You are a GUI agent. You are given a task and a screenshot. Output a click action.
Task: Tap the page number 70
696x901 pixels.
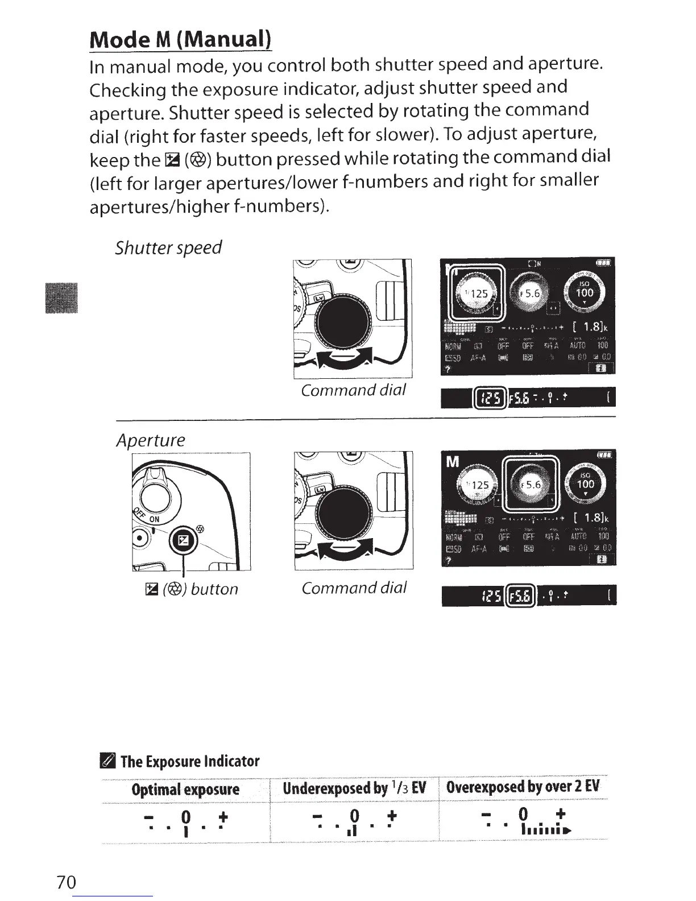click(66, 882)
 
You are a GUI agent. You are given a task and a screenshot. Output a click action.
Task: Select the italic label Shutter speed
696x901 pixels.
click(168, 248)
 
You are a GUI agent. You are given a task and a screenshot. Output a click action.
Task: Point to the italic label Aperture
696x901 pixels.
click(151, 440)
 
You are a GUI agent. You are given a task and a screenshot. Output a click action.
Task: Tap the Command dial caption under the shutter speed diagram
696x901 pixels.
click(353, 390)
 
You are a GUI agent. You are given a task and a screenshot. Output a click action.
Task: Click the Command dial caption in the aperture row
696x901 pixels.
click(354, 588)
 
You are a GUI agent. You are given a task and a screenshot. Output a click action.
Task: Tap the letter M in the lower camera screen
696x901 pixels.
click(453, 462)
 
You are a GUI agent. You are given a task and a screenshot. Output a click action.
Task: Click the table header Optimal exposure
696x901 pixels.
click(185, 790)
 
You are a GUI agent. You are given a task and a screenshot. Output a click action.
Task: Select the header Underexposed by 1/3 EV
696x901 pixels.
click(354, 788)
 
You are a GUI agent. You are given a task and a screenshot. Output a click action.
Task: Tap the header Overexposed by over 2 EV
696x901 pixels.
click(523, 787)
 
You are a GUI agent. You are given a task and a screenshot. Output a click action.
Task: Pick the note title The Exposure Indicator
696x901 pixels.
click(190, 761)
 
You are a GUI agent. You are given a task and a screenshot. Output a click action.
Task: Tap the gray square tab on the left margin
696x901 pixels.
click(62, 297)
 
